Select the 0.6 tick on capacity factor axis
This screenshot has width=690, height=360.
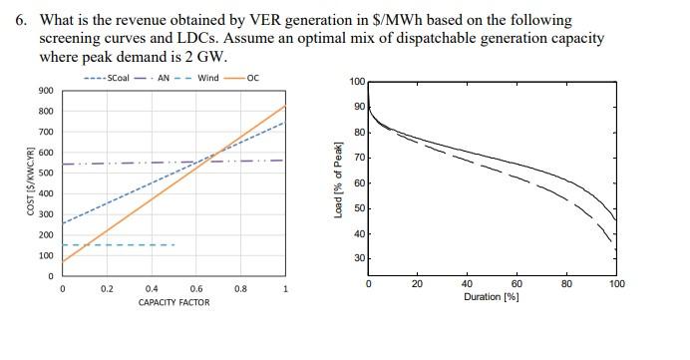[196, 289]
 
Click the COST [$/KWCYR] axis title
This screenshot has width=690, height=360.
[30, 181]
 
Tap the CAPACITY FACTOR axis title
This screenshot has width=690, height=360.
[174, 302]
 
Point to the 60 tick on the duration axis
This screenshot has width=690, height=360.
[517, 284]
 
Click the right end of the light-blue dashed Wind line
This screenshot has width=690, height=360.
[174, 244]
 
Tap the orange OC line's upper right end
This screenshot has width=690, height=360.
[285, 106]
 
